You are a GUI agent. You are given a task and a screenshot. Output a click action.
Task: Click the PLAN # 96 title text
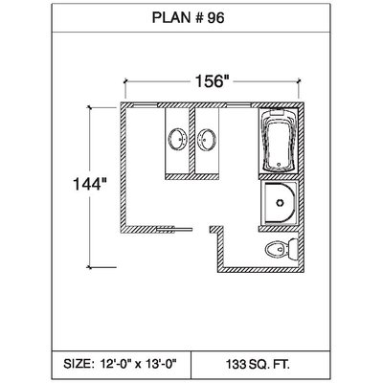[188, 18]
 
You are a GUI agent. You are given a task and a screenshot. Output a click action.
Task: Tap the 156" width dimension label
[213, 81]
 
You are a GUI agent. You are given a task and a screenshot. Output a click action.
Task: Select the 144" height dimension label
[90, 184]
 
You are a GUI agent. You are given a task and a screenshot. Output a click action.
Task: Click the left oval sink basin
[177, 139]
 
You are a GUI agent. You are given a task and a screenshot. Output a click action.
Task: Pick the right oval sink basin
[207, 139]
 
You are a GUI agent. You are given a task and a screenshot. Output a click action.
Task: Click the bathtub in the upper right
[279, 141]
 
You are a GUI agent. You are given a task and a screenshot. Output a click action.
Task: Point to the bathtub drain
[279, 165]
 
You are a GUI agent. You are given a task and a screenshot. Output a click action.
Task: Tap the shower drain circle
[280, 203]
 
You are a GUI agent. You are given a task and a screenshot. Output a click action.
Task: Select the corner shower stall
[280, 202]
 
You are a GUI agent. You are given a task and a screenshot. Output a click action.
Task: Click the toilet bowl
[277, 249]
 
